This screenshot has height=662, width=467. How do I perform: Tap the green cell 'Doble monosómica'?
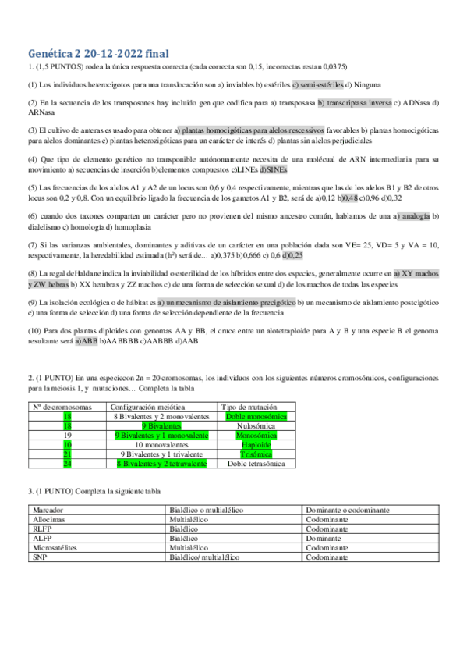click(258, 417)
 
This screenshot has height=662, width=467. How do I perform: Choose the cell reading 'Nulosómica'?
click(258, 426)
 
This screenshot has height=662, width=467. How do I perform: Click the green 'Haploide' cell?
click(258, 444)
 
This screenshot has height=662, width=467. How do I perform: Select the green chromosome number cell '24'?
click(67, 463)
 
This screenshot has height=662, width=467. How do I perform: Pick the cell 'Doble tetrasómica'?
click(258, 463)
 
